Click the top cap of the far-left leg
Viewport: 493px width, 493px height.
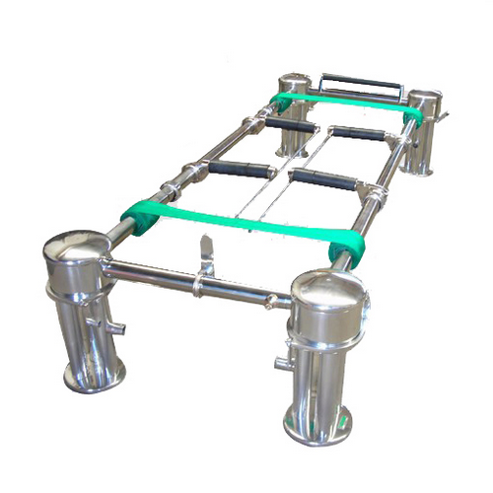(x=294, y=83)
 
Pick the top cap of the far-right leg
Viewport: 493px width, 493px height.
(x=423, y=99)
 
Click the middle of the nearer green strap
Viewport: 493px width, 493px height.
(x=246, y=226)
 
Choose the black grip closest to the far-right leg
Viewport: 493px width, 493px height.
(x=360, y=133)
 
